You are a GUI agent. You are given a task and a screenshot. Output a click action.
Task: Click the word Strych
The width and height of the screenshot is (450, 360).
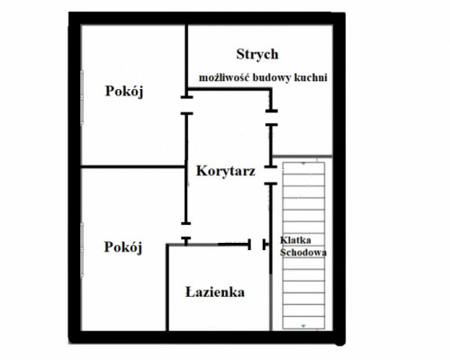click(257, 55)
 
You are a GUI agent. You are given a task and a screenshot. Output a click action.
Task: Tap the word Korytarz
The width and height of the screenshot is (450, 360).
click(226, 171)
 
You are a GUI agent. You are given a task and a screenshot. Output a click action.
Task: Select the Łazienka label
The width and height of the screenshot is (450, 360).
click(215, 292)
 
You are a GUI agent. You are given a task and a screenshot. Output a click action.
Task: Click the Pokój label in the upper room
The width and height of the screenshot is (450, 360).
click(124, 91)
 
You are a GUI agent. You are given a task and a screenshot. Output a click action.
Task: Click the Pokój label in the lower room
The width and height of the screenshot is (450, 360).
click(123, 247)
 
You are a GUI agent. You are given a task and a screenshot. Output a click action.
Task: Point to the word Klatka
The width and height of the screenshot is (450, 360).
click(295, 240)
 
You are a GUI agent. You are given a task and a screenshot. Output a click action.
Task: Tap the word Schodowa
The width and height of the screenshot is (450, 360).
click(303, 252)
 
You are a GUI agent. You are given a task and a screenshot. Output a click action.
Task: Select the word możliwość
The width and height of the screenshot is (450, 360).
click(224, 77)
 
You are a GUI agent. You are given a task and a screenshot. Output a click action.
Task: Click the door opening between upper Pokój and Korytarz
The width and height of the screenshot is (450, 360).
click(186, 105)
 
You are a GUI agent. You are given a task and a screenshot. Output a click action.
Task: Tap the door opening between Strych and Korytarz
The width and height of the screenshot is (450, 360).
click(271, 118)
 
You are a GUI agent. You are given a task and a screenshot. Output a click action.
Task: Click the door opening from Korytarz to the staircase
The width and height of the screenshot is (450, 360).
click(271, 175)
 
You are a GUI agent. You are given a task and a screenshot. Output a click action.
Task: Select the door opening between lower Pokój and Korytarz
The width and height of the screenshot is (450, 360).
click(186, 230)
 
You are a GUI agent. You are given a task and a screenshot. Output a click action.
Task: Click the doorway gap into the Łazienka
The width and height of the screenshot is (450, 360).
click(256, 245)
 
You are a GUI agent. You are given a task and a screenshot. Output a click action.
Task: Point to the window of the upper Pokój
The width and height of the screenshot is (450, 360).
click(82, 97)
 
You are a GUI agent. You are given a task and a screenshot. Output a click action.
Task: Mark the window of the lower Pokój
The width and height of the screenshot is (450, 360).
click(82, 249)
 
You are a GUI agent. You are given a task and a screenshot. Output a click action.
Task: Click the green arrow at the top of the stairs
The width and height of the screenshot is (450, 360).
click(303, 164)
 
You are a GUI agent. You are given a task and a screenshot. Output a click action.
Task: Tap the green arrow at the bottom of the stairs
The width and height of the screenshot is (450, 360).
click(303, 326)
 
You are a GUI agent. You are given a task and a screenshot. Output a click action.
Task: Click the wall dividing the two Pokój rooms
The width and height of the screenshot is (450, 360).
click(133, 166)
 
